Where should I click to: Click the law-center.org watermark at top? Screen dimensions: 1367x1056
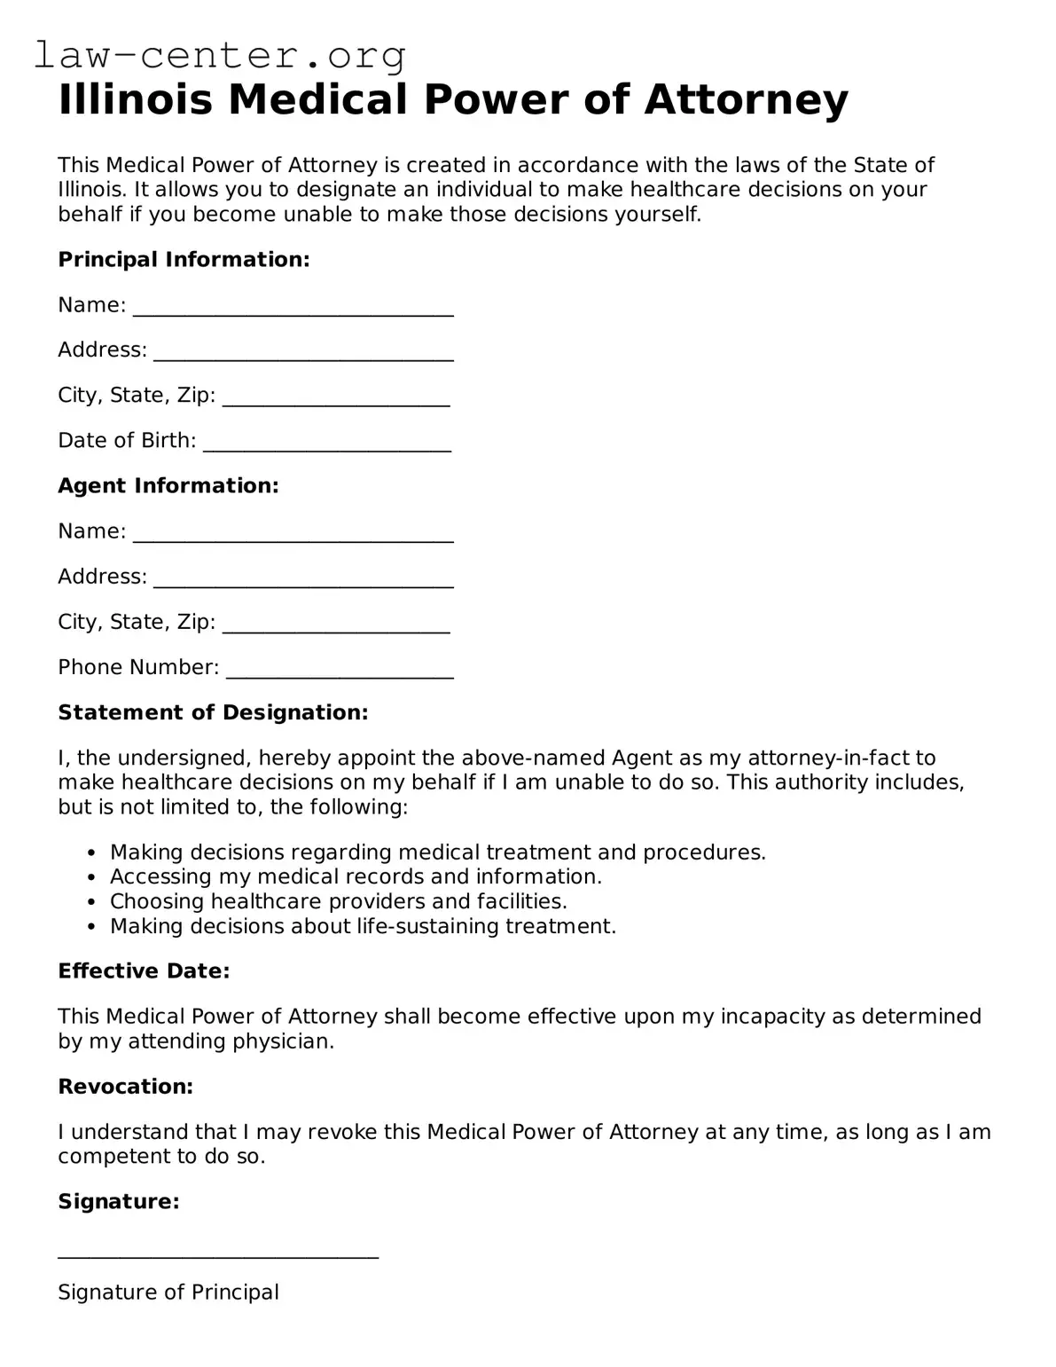point(220,55)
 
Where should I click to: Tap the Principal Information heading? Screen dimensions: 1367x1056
point(184,259)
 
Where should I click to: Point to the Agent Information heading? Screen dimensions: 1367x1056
point(168,485)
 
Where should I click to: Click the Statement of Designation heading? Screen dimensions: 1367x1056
point(213,712)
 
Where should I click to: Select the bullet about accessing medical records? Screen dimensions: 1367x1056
point(356,876)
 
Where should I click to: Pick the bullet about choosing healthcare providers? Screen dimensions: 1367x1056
point(338,901)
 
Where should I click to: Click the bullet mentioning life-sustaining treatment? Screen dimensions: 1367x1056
point(363,926)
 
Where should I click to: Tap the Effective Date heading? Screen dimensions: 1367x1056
point(144,970)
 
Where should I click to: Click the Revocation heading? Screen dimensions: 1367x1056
point(125,1086)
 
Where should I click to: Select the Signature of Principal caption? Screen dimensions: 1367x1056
point(168,1292)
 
